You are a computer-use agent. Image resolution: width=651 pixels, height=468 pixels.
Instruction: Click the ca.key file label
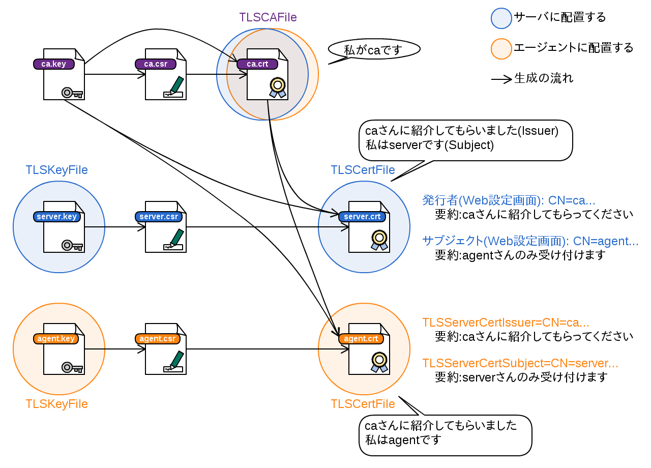(53, 64)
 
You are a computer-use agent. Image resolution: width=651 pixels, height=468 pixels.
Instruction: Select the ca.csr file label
(155, 64)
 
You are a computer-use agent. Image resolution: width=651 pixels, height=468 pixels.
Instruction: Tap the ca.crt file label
(257, 64)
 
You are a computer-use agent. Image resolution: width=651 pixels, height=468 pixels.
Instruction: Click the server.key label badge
(57, 217)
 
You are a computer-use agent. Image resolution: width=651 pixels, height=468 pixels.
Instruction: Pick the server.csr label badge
(159, 217)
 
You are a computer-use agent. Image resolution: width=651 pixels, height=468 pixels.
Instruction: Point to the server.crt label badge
(362, 217)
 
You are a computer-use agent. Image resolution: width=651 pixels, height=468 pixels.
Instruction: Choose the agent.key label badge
(56, 339)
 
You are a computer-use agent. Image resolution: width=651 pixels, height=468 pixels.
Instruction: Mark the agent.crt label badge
(361, 339)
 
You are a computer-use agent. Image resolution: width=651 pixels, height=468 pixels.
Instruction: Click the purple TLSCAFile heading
(268, 17)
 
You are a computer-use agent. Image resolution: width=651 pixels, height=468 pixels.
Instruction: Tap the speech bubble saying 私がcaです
(374, 49)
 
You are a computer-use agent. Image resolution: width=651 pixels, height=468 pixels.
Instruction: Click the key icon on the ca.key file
(72, 93)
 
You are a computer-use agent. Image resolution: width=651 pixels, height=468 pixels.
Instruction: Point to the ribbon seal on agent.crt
(379, 362)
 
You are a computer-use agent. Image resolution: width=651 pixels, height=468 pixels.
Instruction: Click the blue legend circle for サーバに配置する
(500, 18)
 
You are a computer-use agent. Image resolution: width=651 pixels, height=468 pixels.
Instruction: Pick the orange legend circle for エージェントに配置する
(500, 48)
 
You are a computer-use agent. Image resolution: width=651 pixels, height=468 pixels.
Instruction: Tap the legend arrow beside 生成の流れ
(501, 79)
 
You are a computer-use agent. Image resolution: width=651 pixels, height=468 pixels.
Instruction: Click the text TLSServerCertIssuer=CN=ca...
(506, 323)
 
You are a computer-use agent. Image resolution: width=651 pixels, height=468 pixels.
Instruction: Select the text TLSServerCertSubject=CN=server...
(520, 363)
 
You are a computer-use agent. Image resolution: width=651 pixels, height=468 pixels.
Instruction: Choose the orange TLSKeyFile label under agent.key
(56, 404)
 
